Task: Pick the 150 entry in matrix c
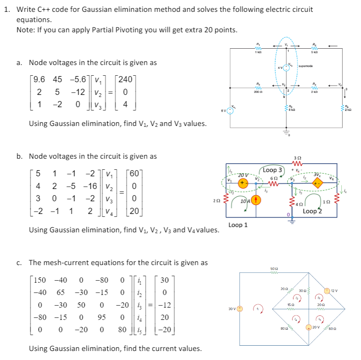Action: coord(40,280)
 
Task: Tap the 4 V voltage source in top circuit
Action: coord(287,68)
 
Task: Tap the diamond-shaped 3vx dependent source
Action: coord(317,184)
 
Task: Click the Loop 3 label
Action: coord(273,170)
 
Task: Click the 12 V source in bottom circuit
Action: coord(327,291)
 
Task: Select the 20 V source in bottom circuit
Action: coord(310,327)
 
